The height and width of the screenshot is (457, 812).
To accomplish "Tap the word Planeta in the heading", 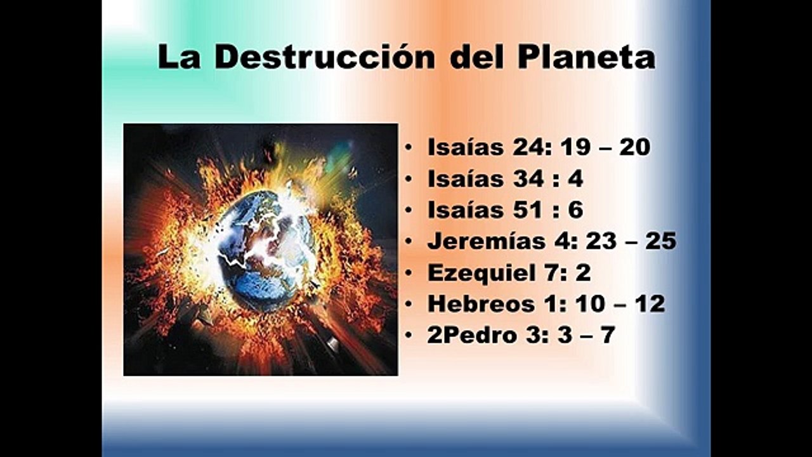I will click(x=586, y=57).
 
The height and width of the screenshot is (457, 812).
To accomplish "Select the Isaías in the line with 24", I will click(x=466, y=147).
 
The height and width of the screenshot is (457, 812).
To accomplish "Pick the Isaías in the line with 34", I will click(x=466, y=179).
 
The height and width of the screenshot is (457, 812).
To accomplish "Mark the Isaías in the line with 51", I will click(x=466, y=210).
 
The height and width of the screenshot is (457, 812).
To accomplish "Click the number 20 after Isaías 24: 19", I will click(x=635, y=147).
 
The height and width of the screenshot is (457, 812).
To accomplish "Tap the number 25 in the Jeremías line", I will click(x=660, y=241).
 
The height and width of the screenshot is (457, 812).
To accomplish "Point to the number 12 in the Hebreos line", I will click(x=650, y=304).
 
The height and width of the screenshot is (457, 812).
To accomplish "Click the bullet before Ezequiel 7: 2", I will click(x=410, y=273).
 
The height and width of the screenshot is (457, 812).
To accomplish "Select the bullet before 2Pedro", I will click(x=410, y=335).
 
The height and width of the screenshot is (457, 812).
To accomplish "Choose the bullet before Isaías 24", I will click(x=410, y=148).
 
